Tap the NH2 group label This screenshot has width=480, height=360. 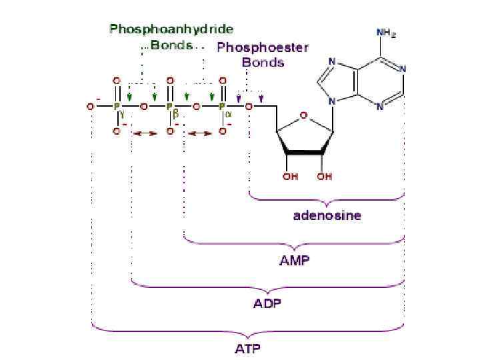(385, 32)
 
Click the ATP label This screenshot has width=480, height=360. (247, 348)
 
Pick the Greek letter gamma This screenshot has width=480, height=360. (123, 114)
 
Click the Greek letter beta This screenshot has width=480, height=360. (175, 114)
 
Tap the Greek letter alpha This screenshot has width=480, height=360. (228, 114)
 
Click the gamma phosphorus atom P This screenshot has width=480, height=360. (116, 106)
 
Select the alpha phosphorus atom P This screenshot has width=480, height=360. (221, 106)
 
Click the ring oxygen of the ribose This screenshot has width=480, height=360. (303, 115)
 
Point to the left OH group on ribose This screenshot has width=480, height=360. (290, 177)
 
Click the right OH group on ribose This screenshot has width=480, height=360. (325, 177)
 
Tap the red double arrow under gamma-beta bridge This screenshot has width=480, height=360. (144, 133)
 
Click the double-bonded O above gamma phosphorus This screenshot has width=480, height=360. (117, 80)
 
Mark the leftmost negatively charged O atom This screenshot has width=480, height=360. (90, 106)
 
